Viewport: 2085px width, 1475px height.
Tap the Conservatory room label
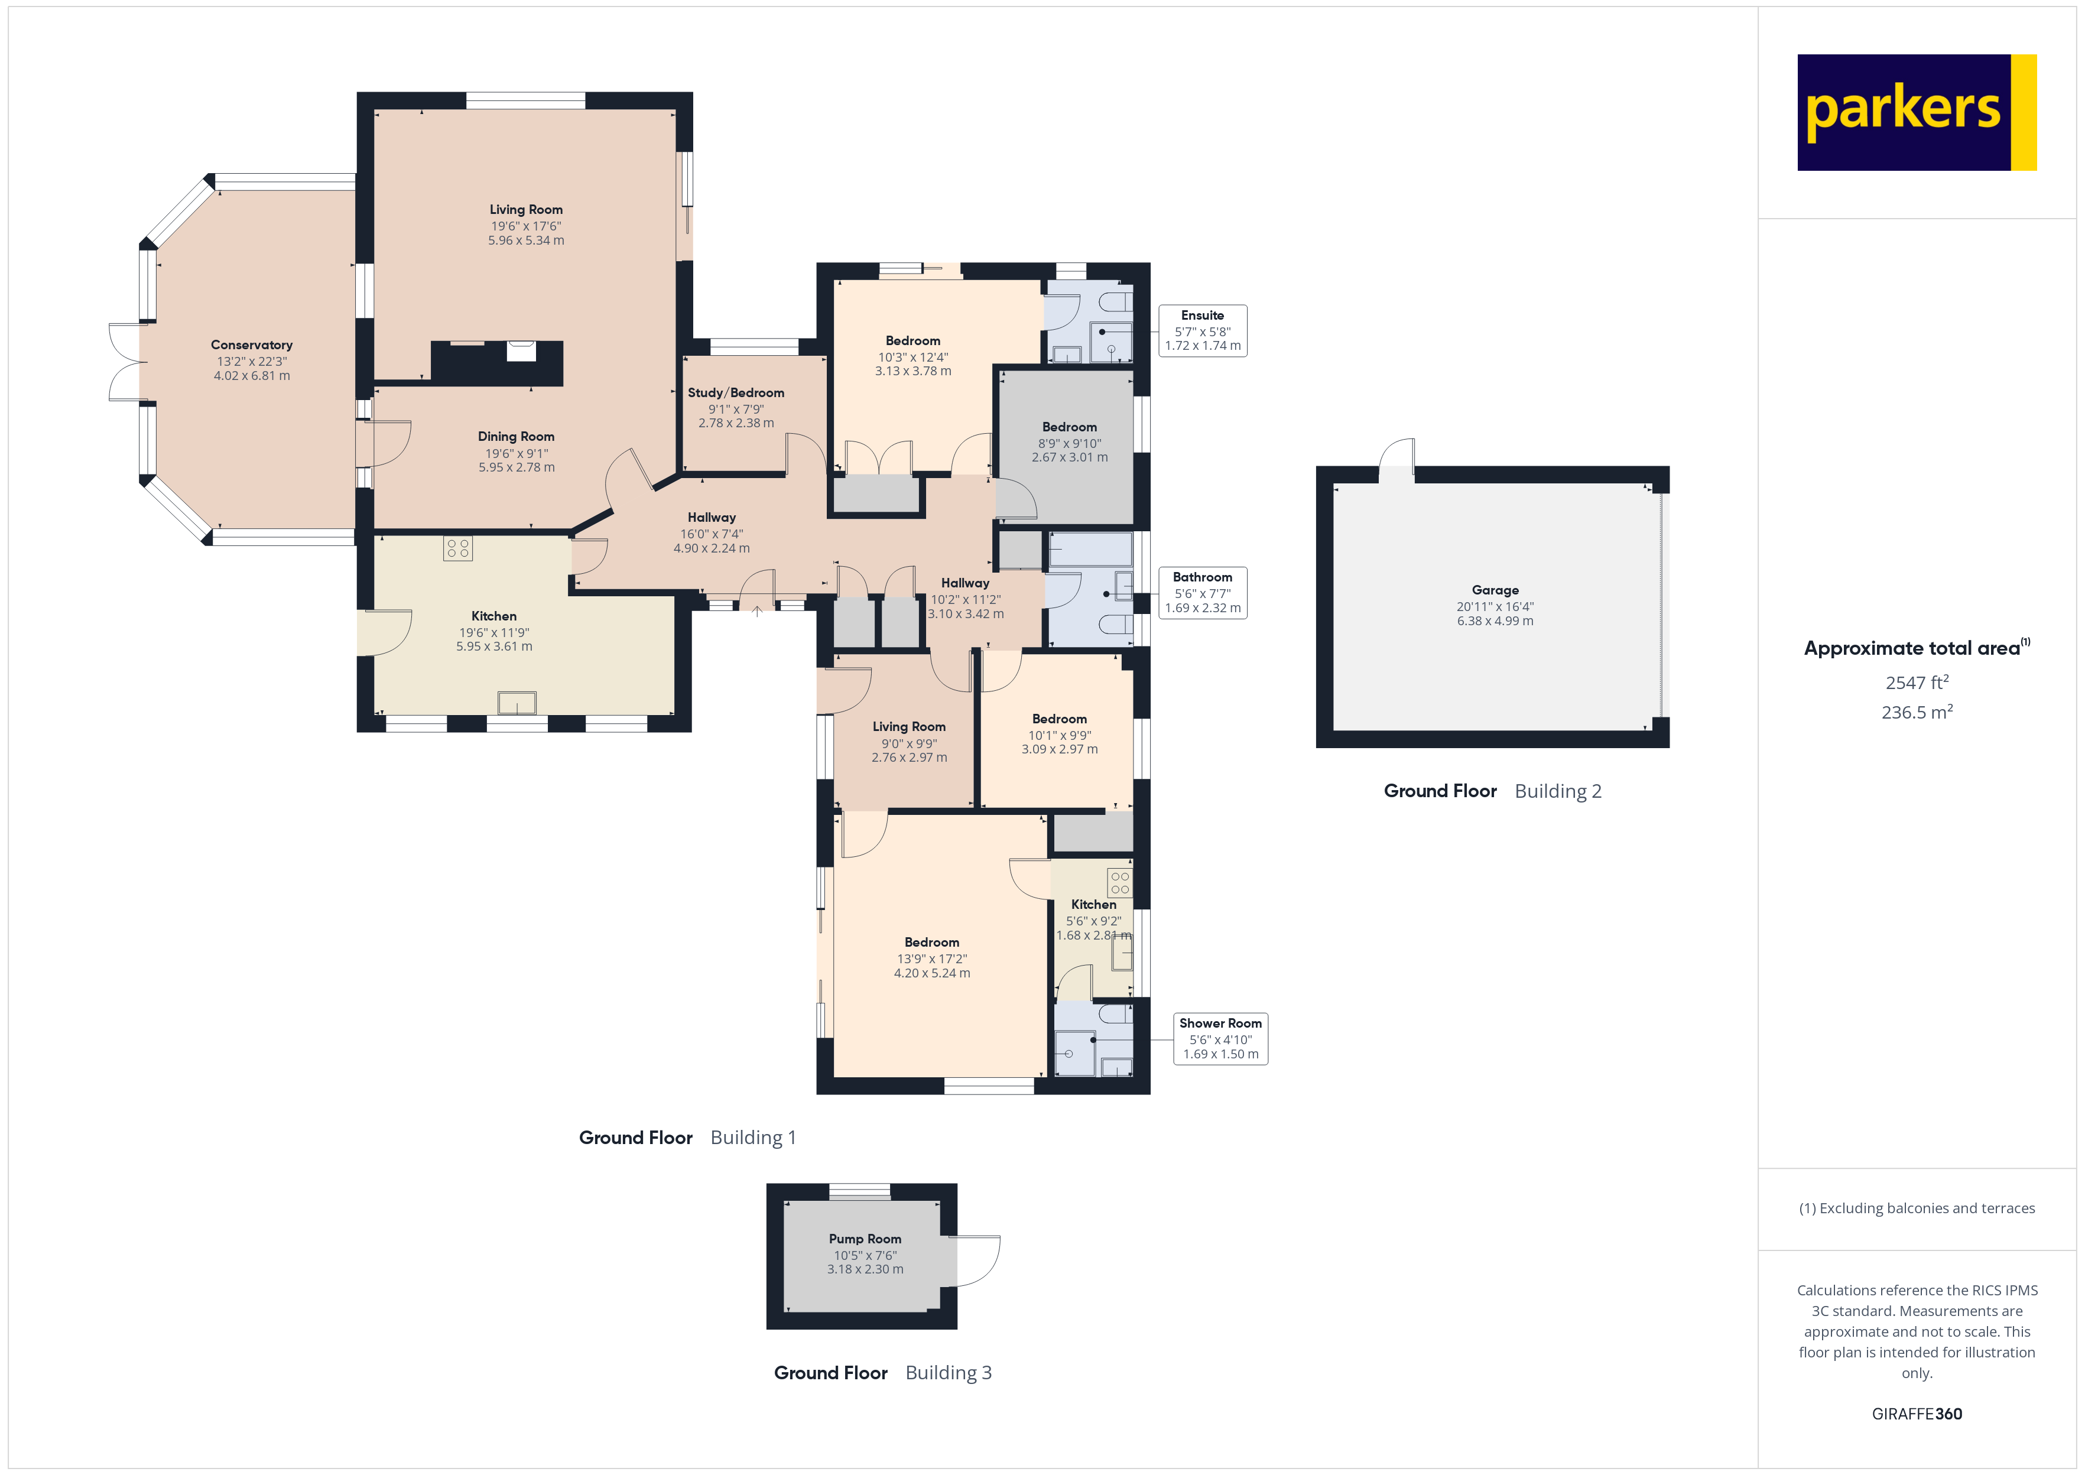pos(252,345)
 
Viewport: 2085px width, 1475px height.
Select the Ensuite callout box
pos(1202,330)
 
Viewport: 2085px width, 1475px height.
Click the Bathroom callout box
pos(1202,592)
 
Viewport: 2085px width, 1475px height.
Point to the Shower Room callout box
pos(1220,1038)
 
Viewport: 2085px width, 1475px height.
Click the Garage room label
pos(1495,590)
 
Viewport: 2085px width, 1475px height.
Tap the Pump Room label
pos(865,1239)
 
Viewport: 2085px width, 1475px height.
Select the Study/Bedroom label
pos(736,392)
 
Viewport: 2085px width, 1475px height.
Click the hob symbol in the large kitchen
pos(457,548)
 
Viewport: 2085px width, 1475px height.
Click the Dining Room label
pos(516,437)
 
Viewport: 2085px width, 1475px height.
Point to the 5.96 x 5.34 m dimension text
pos(526,241)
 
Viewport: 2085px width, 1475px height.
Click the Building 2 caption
pos(1557,791)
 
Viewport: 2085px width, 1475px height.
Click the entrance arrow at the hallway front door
pos(756,611)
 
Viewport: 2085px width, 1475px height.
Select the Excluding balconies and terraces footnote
pos(1916,1208)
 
